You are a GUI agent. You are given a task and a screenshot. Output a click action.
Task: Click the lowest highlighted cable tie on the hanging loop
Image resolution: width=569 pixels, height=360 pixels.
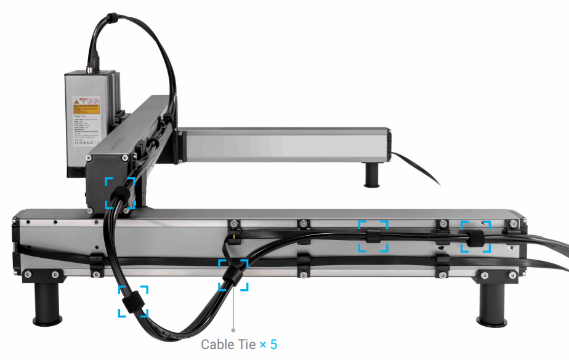[132, 303]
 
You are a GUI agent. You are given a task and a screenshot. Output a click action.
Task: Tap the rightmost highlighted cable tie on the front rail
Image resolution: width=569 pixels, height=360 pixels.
[475, 239]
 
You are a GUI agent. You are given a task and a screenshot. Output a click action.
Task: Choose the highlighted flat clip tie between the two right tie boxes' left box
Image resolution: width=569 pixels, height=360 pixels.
[373, 236]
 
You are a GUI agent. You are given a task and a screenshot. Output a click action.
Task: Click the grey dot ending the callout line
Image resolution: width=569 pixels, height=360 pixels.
[233, 330]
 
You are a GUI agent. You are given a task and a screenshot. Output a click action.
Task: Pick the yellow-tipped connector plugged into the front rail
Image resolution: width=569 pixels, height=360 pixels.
[235, 236]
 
